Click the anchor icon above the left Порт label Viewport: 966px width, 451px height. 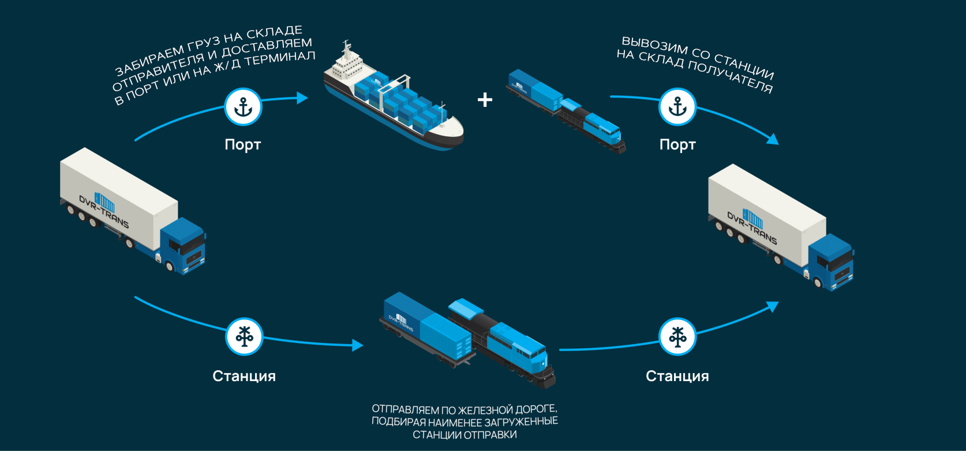pyautogui.click(x=243, y=107)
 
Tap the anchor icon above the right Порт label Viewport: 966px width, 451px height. pyautogui.click(x=677, y=107)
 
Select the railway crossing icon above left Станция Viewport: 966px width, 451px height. pyautogui.click(x=244, y=336)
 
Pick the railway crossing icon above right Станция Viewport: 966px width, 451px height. pyautogui.click(x=677, y=336)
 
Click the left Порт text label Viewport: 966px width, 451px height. pyautogui.click(x=243, y=144)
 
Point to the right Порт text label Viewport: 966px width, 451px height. pyautogui.click(x=677, y=144)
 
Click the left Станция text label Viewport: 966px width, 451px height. pyautogui.click(x=244, y=376)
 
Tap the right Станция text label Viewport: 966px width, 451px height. pyautogui.click(x=677, y=376)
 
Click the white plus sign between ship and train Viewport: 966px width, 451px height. pyautogui.click(x=485, y=100)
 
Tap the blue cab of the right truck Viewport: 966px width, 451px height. pyautogui.click(x=832, y=263)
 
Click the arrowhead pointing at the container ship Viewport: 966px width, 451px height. pyautogui.click(x=302, y=98)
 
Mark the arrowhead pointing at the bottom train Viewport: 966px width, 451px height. pyautogui.click(x=358, y=345)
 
